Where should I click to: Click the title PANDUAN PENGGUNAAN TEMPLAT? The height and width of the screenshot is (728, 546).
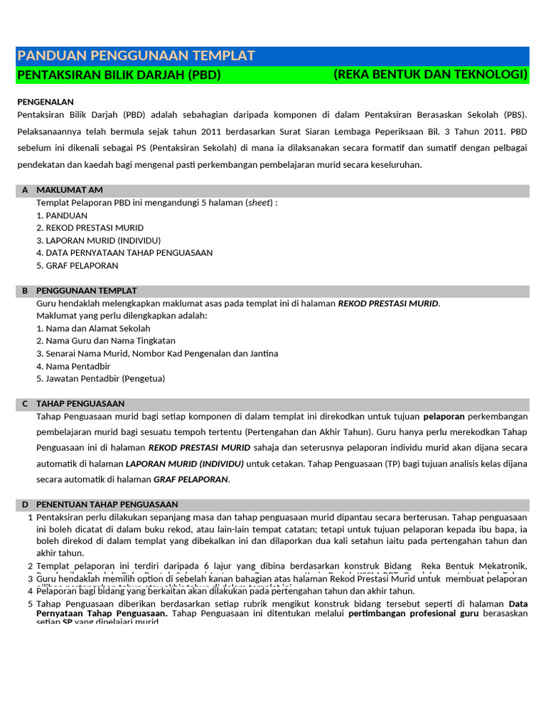[x=135, y=56]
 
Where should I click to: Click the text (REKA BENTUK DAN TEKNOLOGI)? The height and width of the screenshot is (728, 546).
[x=430, y=75]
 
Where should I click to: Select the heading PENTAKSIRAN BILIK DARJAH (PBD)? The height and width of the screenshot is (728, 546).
[x=119, y=75]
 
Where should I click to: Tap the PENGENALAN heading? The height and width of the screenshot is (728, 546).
[x=45, y=102]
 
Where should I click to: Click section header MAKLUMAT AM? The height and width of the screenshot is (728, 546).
[x=70, y=191]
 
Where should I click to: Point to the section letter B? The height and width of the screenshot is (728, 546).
[x=25, y=291]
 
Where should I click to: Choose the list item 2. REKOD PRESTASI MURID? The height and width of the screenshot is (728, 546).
[x=90, y=227]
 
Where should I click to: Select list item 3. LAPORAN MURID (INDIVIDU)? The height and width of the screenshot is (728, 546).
[x=98, y=240]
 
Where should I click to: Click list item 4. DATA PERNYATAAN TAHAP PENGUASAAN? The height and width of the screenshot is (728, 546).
[x=124, y=252]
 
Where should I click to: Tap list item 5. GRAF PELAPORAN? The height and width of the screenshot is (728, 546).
[x=77, y=265]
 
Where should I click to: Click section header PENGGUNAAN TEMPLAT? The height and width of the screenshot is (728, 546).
[x=86, y=291]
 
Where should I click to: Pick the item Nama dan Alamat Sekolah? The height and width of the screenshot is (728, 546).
[x=97, y=328]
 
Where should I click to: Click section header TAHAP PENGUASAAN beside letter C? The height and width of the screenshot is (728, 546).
[x=80, y=403]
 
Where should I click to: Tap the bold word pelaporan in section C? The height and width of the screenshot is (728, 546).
[x=444, y=416]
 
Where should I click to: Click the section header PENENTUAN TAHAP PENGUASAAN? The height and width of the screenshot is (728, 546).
[x=107, y=504]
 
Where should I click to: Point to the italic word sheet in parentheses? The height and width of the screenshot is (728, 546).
[x=259, y=203]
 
